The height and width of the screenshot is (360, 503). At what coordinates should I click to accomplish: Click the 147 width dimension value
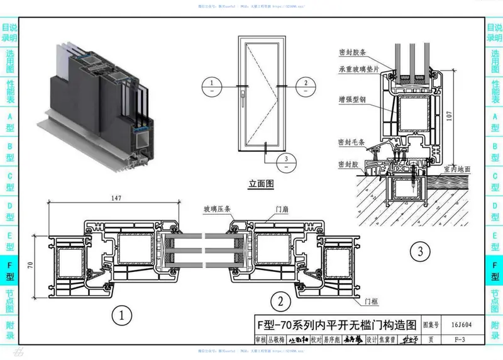pyautogui.click(x=115, y=198)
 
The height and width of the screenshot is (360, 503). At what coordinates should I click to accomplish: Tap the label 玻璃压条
pyautogui.click(x=216, y=210)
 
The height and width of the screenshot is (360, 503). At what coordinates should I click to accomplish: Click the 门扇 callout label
pyautogui.click(x=282, y=210)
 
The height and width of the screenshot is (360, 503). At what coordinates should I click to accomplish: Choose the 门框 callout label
pyautogui.click(x=372, y=302)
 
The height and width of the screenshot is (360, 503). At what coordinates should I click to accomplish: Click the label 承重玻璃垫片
pyautogui.click(x=359, y=70)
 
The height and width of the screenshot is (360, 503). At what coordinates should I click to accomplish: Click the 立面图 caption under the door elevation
pyautogui.click(x=261, y=184)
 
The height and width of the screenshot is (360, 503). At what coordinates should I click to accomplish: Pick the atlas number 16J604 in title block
pyautogui.click(x=462, y=325)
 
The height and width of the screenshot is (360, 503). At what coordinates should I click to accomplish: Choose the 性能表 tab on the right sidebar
pyautogui.click(x=494, y=91)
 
